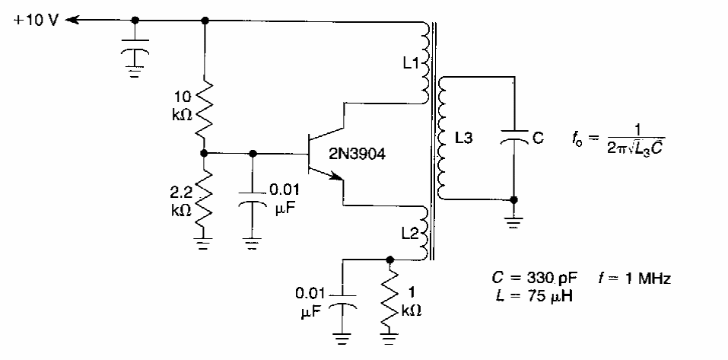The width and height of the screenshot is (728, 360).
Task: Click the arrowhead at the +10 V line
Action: pyautogui.click(x=72, y=21)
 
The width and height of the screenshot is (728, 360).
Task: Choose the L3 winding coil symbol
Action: pyautogui.click(x=446, y=138)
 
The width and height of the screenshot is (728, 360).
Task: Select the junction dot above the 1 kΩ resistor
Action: pyautogui.click(x=391, y=258)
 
